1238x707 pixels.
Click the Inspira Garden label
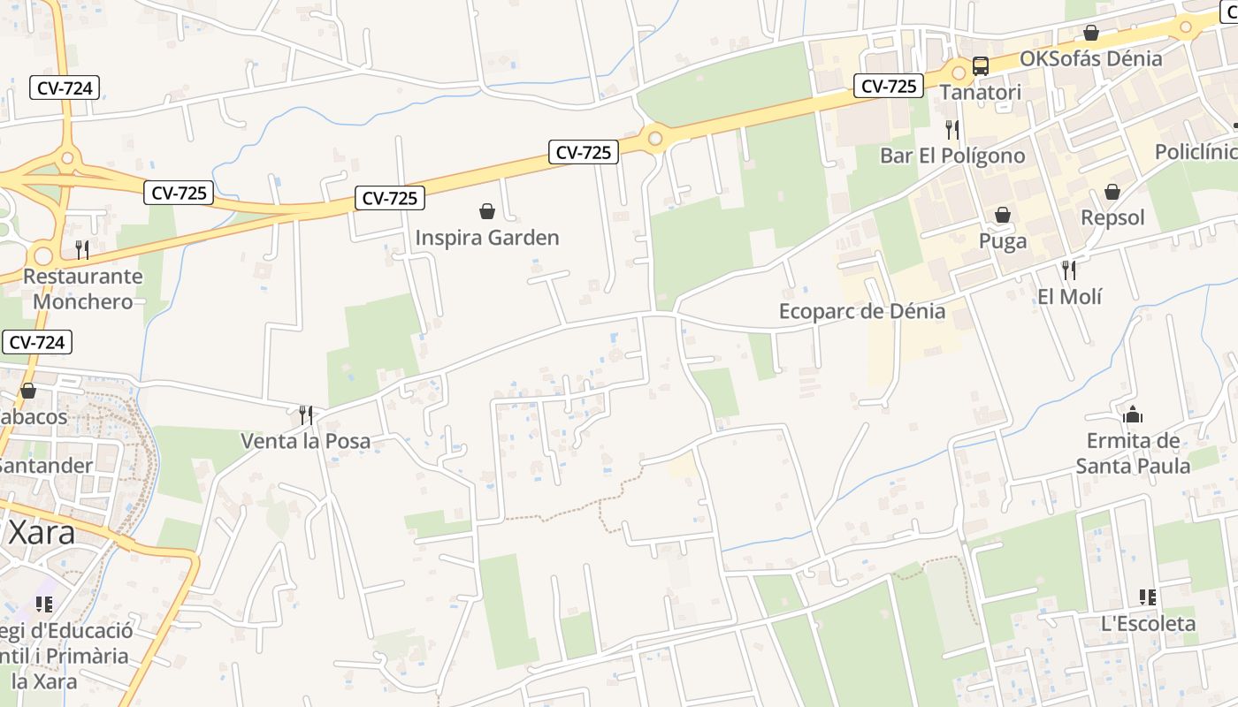[487, 238]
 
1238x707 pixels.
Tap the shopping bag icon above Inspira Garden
[486, 211]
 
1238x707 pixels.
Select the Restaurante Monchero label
[82, 288]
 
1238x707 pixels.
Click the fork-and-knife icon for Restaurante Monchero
[82, 249]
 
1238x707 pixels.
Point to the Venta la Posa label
[306, 441]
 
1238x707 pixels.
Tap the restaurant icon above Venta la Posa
[306, 414]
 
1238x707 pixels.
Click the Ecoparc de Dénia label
[861, 311]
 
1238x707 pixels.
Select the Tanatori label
[980, 92]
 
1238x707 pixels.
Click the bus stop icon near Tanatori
[980, 65]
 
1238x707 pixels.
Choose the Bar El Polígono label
[952, 156]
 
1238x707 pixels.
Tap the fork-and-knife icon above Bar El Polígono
[952, 129]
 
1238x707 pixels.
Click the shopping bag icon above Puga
[1003, 215]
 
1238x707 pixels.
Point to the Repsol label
[1112, 217]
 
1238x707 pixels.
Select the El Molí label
[1070, 296]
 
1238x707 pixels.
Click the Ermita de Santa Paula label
[1133, 453]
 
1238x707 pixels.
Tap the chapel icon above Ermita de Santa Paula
[1133, 414]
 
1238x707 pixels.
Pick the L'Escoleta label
[1148, 624]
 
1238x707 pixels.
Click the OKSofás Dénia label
[1090, 59]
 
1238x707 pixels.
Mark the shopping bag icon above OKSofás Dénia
[1091, 33]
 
